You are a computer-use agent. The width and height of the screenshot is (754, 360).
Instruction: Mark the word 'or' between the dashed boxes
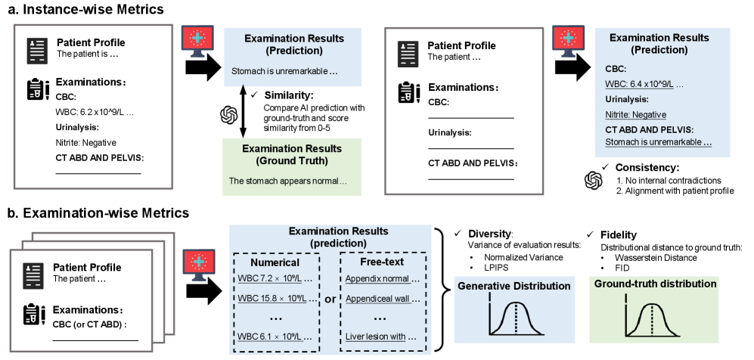pos(329,299)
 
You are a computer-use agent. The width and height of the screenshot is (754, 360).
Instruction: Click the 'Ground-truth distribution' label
pos(656,284)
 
